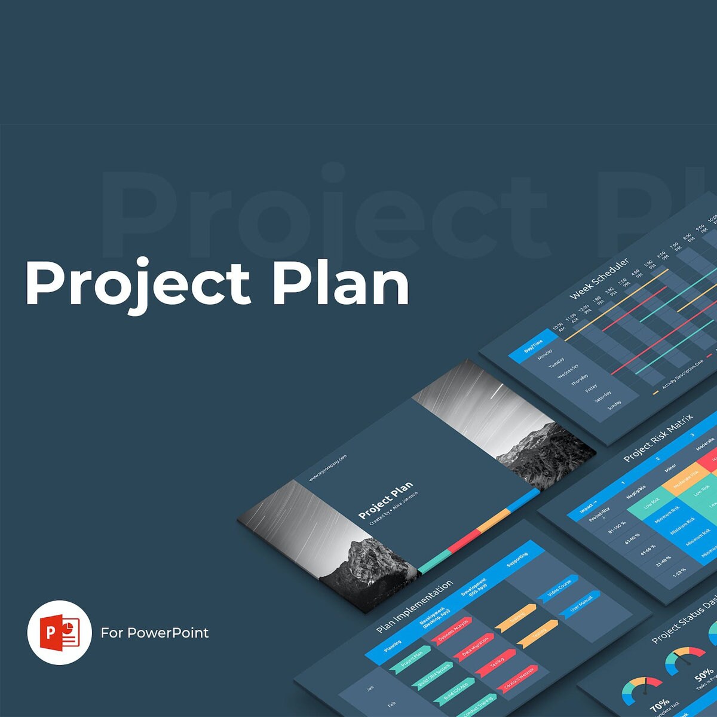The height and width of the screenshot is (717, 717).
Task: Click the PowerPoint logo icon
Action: (59, 632)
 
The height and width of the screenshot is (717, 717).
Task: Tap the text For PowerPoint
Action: (155, 633)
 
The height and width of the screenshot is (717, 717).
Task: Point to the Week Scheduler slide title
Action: (599, 279)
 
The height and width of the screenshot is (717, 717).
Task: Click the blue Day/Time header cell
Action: (533, 347)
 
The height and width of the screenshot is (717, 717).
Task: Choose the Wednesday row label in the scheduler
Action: (568, 372)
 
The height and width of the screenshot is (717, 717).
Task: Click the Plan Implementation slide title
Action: (415, 607)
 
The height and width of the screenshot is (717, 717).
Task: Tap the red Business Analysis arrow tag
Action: (454, 630)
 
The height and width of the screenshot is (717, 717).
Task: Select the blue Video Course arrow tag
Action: (559, 589)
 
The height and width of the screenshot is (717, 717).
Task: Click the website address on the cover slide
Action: (327, 468)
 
